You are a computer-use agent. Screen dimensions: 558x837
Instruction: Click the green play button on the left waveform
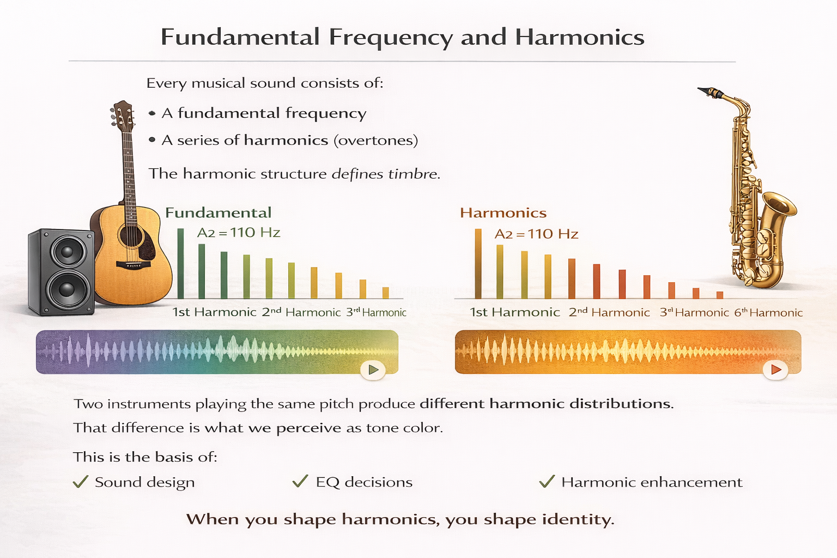373,370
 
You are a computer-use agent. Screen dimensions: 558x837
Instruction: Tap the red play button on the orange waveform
775,370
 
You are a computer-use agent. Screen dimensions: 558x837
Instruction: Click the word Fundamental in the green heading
218,213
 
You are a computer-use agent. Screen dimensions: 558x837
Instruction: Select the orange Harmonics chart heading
503,213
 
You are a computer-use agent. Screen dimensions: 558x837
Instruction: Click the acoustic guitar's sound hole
131,236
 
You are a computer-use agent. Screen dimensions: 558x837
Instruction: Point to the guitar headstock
123,115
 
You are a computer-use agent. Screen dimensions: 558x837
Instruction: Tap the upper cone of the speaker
68,252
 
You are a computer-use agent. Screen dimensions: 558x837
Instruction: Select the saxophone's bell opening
780,204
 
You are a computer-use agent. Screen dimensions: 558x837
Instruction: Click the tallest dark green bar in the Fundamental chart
180,264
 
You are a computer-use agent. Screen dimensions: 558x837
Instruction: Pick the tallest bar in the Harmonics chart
478,264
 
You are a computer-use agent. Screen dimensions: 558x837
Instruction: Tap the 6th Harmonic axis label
768,313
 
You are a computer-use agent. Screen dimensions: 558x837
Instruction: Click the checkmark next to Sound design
81,482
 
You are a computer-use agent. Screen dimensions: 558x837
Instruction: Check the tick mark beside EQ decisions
300,481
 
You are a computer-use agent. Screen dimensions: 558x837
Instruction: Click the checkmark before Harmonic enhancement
547,481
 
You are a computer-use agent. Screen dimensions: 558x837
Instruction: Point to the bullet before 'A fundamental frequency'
152,113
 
